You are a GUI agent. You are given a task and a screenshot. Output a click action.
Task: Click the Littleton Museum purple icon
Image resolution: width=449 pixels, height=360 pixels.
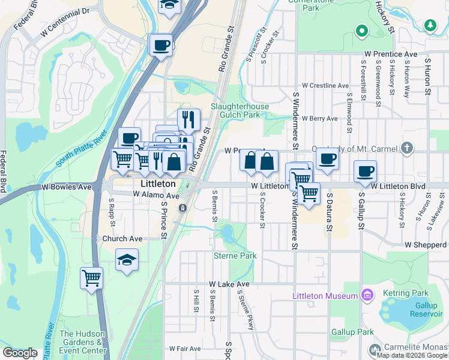[366, 295]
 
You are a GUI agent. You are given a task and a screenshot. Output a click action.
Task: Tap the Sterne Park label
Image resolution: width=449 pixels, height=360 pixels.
[235, 256]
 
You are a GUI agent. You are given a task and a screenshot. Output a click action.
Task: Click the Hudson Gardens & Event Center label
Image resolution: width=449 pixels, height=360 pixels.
[83, 342]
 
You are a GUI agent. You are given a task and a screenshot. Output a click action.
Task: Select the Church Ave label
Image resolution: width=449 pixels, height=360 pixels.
[122, 239]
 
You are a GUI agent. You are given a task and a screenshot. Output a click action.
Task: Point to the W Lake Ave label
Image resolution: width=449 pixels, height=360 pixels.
[229, 284]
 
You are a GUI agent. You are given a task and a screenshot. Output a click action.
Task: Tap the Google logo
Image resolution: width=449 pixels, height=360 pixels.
[20, 353]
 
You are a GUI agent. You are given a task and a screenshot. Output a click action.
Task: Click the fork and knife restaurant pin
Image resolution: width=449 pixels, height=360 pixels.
[188, 119]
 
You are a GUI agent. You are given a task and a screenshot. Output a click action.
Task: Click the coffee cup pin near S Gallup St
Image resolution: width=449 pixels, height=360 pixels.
[365, 171]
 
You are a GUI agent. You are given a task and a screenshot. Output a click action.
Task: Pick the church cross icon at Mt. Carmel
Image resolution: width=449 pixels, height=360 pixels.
[407, 148]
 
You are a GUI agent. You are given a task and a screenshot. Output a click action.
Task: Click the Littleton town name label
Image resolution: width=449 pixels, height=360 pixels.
[157, 184]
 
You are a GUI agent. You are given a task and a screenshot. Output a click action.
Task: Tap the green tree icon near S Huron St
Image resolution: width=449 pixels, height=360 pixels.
[430, 25]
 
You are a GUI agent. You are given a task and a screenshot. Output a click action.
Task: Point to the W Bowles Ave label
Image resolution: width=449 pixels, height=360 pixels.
[66, 187]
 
